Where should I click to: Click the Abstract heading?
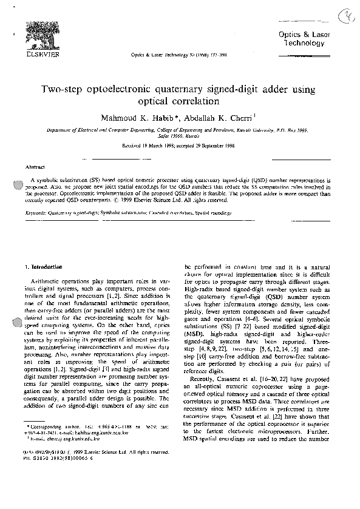[33, 166]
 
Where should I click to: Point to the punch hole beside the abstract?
[12, 186]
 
